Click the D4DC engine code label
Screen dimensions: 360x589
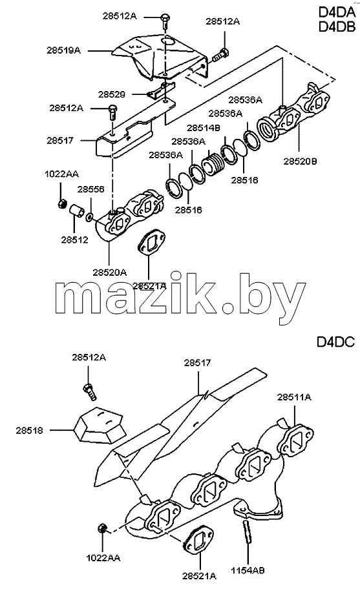tap(335, 342)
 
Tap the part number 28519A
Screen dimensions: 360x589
tap(63, 50)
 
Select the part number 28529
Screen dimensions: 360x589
tap(112, 94)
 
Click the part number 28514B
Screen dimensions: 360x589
tap(204, 128)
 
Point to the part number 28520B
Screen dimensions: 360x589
tap(300, 161)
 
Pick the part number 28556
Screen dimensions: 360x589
tap(91, 189)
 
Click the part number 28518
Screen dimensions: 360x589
tap(29, 431)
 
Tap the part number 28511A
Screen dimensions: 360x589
tap(294, 397)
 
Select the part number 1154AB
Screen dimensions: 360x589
tap(248, 570)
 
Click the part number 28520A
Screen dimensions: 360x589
tap(110, 273)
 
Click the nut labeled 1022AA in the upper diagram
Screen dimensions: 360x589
tap(62, 204)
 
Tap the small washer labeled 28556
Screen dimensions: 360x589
tap(90, 217)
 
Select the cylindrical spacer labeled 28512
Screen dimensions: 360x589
tap(76, 211)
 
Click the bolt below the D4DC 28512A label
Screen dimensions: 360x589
tap(89, 391)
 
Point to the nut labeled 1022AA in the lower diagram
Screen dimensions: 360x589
tap(101, 529)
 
